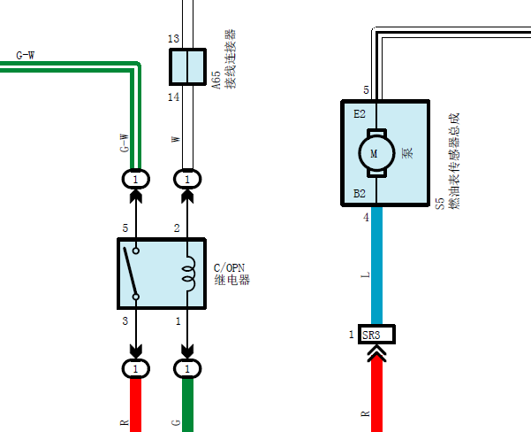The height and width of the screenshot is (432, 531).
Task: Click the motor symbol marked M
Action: (x=376, y=153)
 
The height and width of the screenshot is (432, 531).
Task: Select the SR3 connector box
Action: (x=376, y=335)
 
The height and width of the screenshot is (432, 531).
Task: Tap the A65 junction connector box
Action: (x=187, y=67)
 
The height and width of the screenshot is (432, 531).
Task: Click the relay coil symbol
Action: (x=189, y=274)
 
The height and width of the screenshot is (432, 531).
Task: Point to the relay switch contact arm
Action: (x=130, y=272)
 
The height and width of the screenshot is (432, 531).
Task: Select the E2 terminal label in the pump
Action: (x=360, y=113)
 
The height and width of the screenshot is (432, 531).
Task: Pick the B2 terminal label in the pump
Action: (x=360, y=194)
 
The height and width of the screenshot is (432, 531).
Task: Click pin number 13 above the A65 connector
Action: (x=173, y=39)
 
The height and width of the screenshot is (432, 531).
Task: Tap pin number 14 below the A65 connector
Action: (x=173, y=97)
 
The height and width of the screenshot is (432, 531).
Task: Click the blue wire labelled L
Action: (x=376, y=266)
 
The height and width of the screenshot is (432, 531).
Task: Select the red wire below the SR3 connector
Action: (x=376, y=394)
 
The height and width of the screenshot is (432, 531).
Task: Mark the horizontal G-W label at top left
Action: (x=26, y=55)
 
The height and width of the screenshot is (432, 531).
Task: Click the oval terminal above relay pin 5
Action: (x=135, y=179)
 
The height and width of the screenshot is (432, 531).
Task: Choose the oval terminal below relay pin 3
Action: (x=135, y=368)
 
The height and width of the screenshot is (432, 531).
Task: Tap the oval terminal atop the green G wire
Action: (x=187, y=368)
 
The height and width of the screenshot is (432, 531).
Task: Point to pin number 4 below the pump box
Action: (x=366, y=217)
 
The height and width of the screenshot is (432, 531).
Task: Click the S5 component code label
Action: (x=440, y=204)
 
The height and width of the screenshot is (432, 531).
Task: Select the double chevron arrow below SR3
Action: (x=376, y=353)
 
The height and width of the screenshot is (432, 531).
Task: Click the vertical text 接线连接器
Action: (x=231, y=59)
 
